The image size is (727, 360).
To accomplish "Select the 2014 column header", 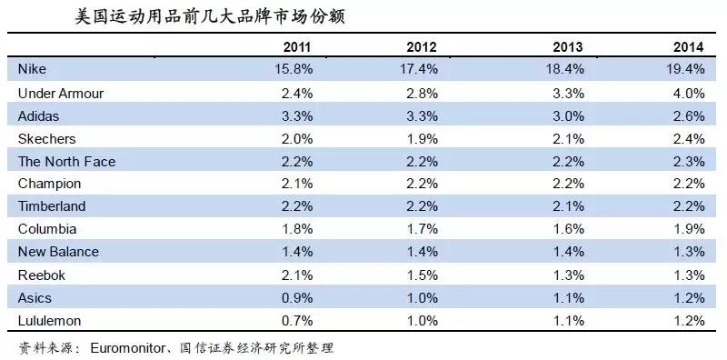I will pos(688,47).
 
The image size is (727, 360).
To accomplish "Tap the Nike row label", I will pos(33,70).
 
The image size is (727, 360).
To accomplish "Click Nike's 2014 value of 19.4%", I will pos(684,70).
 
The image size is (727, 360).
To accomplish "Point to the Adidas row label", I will pos(38,115).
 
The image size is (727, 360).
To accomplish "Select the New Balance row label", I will pos(58,252).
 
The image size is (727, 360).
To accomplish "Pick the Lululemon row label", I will pos(51,320).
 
